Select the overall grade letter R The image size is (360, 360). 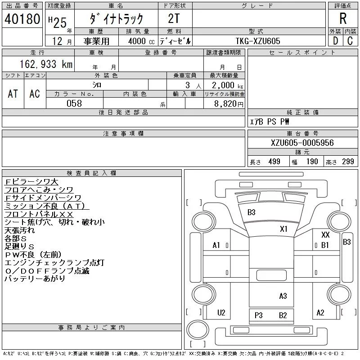pos(343,18)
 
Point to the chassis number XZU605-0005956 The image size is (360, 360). pos(302,143)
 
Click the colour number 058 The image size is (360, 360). pos(74,103)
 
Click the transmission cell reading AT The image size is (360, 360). pos(13,94)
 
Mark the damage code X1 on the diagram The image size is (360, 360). pos(283,229)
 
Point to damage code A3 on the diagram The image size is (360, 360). pos(283,296)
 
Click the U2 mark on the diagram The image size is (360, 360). pos(221,313)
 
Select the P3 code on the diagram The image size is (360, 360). pos(258,315)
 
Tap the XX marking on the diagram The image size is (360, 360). pos(325,235)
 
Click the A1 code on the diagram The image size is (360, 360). pos(216,245)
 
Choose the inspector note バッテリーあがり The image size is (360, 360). pos(35,279)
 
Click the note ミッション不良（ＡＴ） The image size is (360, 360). pos(46,206)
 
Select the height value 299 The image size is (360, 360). pos(348,162)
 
